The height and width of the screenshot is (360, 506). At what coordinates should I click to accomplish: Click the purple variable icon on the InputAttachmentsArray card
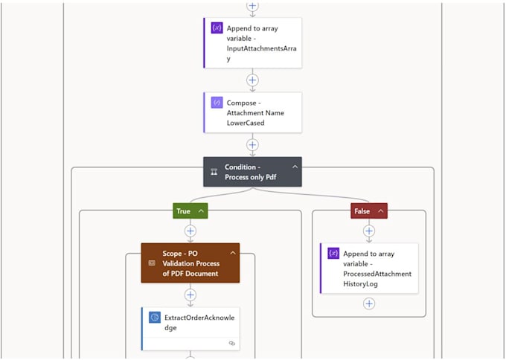pyautogui.click(x=217, y=28)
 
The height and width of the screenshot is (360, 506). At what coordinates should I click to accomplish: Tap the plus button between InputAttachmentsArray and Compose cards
pyautogui.click(x=253, y=80)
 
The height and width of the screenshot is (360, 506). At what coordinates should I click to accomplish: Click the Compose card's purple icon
pyautogui.click(x=217, y=103)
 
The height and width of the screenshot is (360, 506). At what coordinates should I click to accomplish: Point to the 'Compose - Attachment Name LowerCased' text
pyautogui.click(x=254, y=112)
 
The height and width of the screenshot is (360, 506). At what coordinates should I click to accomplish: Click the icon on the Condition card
pyautogui.click(x=214, y=172)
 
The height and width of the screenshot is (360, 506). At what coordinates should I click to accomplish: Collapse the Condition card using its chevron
pyautogui.click(x=294, y=167)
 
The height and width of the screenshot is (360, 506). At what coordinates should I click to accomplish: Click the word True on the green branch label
pyautogui.click(x=183, y=211)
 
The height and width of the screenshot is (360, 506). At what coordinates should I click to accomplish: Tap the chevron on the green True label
pyautogui.click(x=200, y=211)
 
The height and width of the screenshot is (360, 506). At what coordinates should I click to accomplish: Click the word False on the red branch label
pyautogui.click(x=362, y=211)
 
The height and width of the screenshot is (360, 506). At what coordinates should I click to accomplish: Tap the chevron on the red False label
pyautogui.click(x=380, y=211)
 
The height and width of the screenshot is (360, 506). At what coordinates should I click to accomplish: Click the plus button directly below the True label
pyautogui.click(x=190, y=231)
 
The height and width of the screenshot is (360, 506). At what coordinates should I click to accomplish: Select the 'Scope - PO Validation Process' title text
pyautogui.click(x=190, y=263)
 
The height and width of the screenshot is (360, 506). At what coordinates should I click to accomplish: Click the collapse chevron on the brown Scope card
pyautogui.click(x=232, y=254)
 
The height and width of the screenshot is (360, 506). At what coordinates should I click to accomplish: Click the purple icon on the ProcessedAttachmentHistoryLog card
pyautogui.click(x=333, y=254)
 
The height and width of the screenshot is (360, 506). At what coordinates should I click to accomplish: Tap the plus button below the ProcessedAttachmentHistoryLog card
pyautogui.click(x=369, y=303)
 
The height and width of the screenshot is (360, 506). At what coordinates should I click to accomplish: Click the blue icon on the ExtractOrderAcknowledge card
pyautogui.click(x=155, y=318)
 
